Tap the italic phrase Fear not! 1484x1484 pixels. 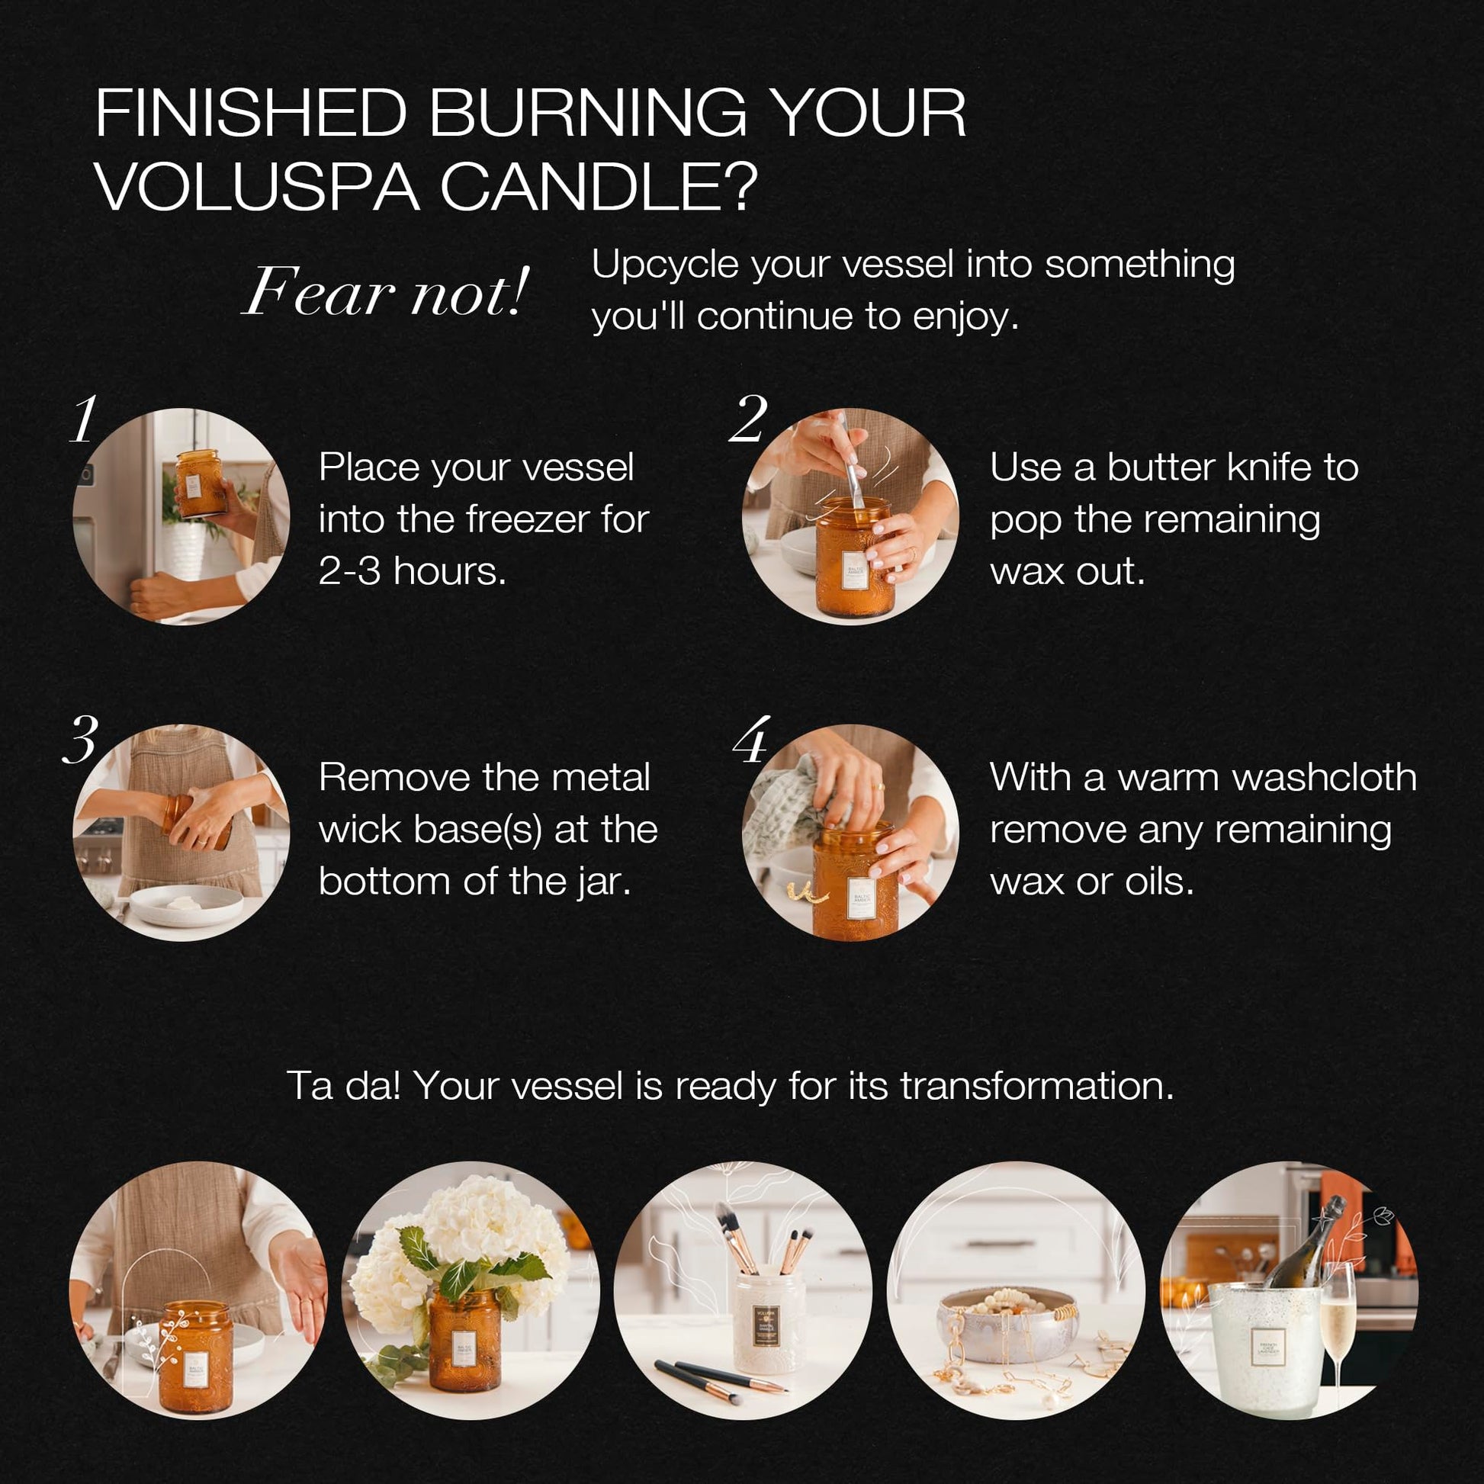click(x=386, y=292)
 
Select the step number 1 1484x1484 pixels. click(x=84, y=419)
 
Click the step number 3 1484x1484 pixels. click(x=81, y=740)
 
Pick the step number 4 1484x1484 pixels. click(x=751, y=740)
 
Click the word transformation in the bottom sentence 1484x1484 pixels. click(x=1037, y=1086)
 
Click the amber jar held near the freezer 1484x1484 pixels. click(x=200, y=483)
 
